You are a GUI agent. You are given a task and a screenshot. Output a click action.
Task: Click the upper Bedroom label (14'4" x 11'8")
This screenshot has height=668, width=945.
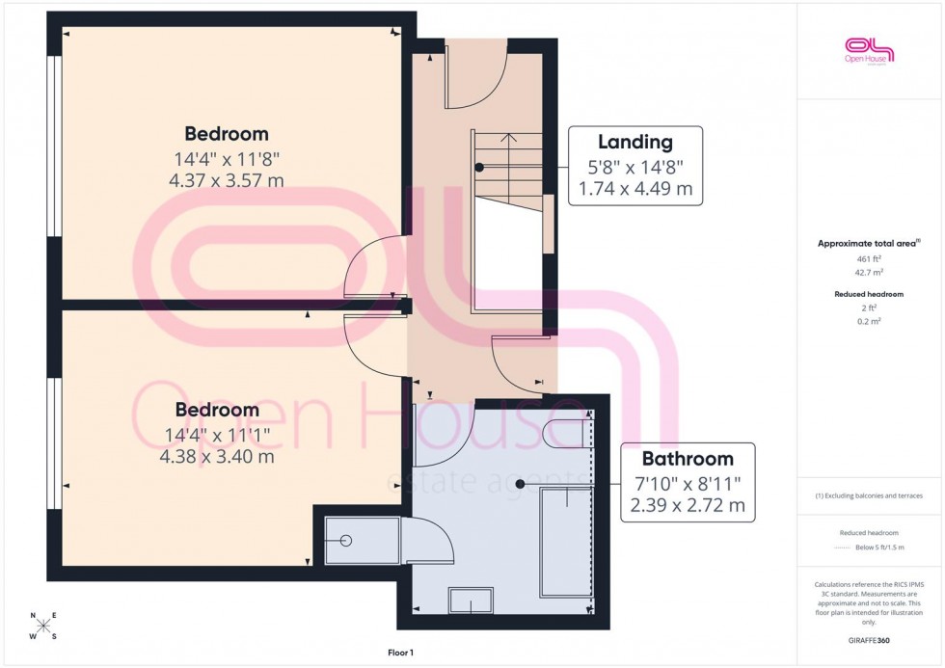(227, 134)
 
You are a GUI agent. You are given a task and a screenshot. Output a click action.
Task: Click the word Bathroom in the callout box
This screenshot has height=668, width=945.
(688, 459)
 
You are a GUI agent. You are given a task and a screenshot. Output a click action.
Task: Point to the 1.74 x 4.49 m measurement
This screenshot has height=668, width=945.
(634, 189)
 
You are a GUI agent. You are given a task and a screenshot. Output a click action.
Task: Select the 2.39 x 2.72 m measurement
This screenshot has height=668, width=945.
(688, 505)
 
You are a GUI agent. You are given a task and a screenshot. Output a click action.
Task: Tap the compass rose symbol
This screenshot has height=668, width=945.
(42, 626)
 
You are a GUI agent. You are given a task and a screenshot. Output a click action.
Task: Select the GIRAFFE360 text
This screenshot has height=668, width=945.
(870, 639)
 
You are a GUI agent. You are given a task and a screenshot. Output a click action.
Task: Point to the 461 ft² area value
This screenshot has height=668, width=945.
(870, 259)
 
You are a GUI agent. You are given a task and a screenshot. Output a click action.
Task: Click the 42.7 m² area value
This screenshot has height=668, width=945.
(870, 273)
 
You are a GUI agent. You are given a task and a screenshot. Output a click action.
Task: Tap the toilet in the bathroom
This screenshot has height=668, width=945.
(565, 433)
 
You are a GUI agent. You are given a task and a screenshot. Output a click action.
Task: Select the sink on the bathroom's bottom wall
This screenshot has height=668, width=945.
(472, 601)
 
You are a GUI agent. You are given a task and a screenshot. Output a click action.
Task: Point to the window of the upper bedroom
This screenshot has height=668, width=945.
(54, 146)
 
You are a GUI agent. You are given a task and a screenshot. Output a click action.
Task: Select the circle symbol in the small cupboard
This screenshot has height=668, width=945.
(344, 542)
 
